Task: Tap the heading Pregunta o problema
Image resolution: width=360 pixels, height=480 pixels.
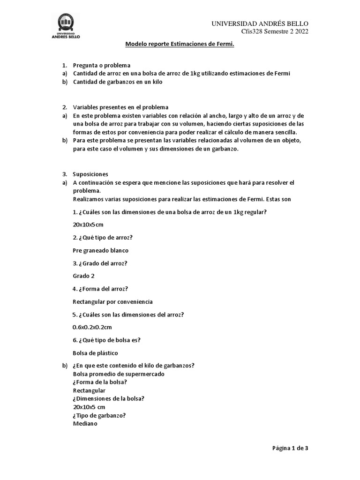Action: click(102, 65)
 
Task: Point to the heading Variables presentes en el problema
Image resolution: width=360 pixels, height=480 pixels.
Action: click(120, 107)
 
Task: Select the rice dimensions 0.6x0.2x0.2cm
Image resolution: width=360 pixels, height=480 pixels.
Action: click(92, 327)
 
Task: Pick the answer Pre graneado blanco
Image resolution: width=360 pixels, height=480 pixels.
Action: click(101, 250)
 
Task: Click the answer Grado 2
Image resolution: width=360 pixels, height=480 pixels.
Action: click(84, 276)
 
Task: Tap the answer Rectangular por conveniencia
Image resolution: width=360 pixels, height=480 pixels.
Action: click(113, 302)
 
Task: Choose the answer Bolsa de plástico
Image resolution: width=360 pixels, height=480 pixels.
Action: click(96, 353)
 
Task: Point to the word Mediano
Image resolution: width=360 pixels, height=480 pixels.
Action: click(85, 423)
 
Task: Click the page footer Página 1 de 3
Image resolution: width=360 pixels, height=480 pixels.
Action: click(290, 448)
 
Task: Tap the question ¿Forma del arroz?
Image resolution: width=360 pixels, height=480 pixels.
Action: click(101, 289)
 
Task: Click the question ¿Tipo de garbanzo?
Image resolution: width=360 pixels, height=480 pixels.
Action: click(99, 415)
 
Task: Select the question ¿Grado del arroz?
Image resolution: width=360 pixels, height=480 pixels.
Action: click(100, 263)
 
